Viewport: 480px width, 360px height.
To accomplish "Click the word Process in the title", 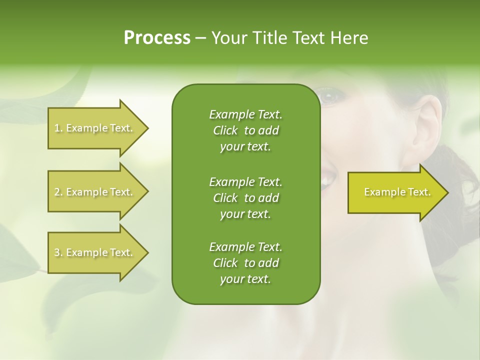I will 157,38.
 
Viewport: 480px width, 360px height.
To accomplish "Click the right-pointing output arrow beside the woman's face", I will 395,192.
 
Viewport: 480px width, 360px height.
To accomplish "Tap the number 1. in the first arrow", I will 58,128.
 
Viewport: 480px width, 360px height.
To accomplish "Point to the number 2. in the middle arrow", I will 58,192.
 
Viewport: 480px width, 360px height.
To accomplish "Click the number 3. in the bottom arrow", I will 58,252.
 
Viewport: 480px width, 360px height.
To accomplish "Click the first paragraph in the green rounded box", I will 245,130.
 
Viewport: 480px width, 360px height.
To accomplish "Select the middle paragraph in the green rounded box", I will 245,198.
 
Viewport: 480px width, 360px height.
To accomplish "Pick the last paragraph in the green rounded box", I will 245,263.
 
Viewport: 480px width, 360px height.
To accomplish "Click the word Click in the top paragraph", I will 225,130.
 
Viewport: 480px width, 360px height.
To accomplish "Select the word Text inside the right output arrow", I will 419,192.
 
